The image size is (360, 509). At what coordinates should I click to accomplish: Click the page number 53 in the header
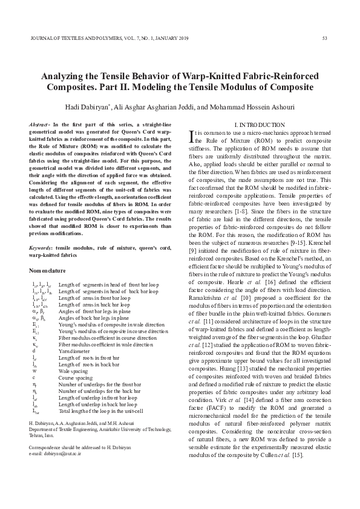click(x=324, y=39)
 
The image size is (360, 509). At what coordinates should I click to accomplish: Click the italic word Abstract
click(x=39, y=124)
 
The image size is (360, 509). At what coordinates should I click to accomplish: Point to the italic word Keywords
click(x=41, y=248)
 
